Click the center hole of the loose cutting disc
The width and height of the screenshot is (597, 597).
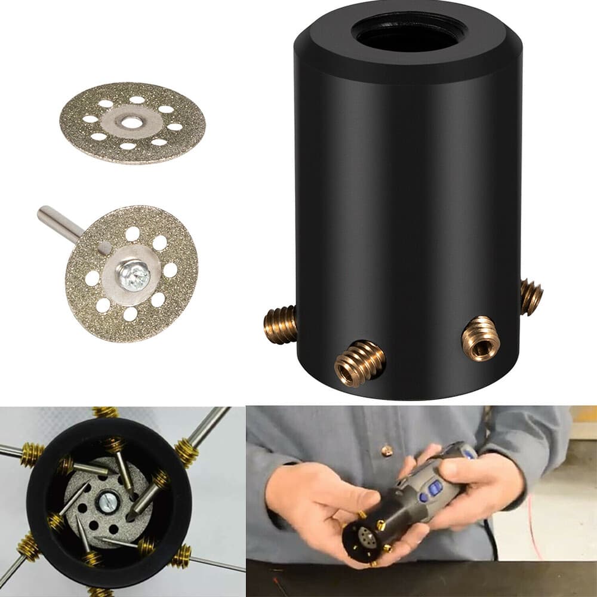(131, 122)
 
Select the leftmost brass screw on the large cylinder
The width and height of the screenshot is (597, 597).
(279, 324)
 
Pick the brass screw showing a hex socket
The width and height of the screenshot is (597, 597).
(481, 338)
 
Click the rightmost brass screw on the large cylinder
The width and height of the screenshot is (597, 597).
(531, 296)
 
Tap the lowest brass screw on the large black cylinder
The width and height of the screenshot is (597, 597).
(359, 364)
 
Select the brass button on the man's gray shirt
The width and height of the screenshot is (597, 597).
(386, 450)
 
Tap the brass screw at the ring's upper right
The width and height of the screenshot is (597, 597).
(186, 453)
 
